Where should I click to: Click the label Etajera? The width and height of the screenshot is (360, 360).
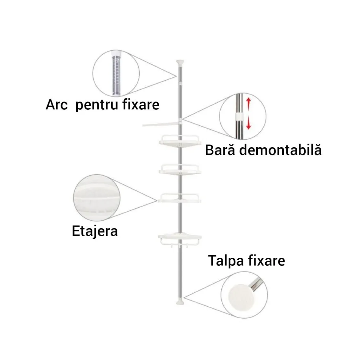(x=95, y=231)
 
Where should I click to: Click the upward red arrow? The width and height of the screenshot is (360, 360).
(x=248, y=104)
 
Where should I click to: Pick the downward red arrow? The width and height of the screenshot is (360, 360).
(x=248, y=124)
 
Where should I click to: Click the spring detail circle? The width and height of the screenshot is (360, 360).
(x=116, y=73)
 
